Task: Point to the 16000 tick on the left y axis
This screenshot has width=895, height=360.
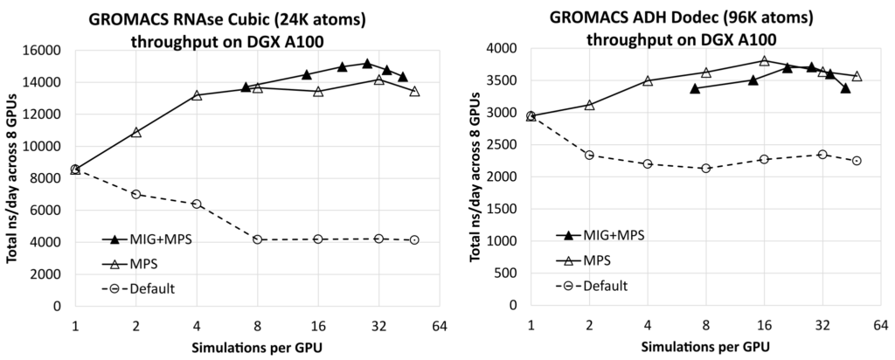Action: point(45,50)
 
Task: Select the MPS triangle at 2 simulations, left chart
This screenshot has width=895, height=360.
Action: point(136,132)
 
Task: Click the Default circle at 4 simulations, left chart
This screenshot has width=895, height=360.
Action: point(197,204)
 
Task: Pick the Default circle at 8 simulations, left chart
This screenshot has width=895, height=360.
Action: point(258,239)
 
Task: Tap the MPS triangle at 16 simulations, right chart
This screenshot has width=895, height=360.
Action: point(764,61)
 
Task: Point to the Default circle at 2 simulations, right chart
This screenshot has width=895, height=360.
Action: point(589,155)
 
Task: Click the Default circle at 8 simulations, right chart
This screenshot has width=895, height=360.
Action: point(705,168)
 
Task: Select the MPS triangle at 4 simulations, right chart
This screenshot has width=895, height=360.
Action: point(648,80)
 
